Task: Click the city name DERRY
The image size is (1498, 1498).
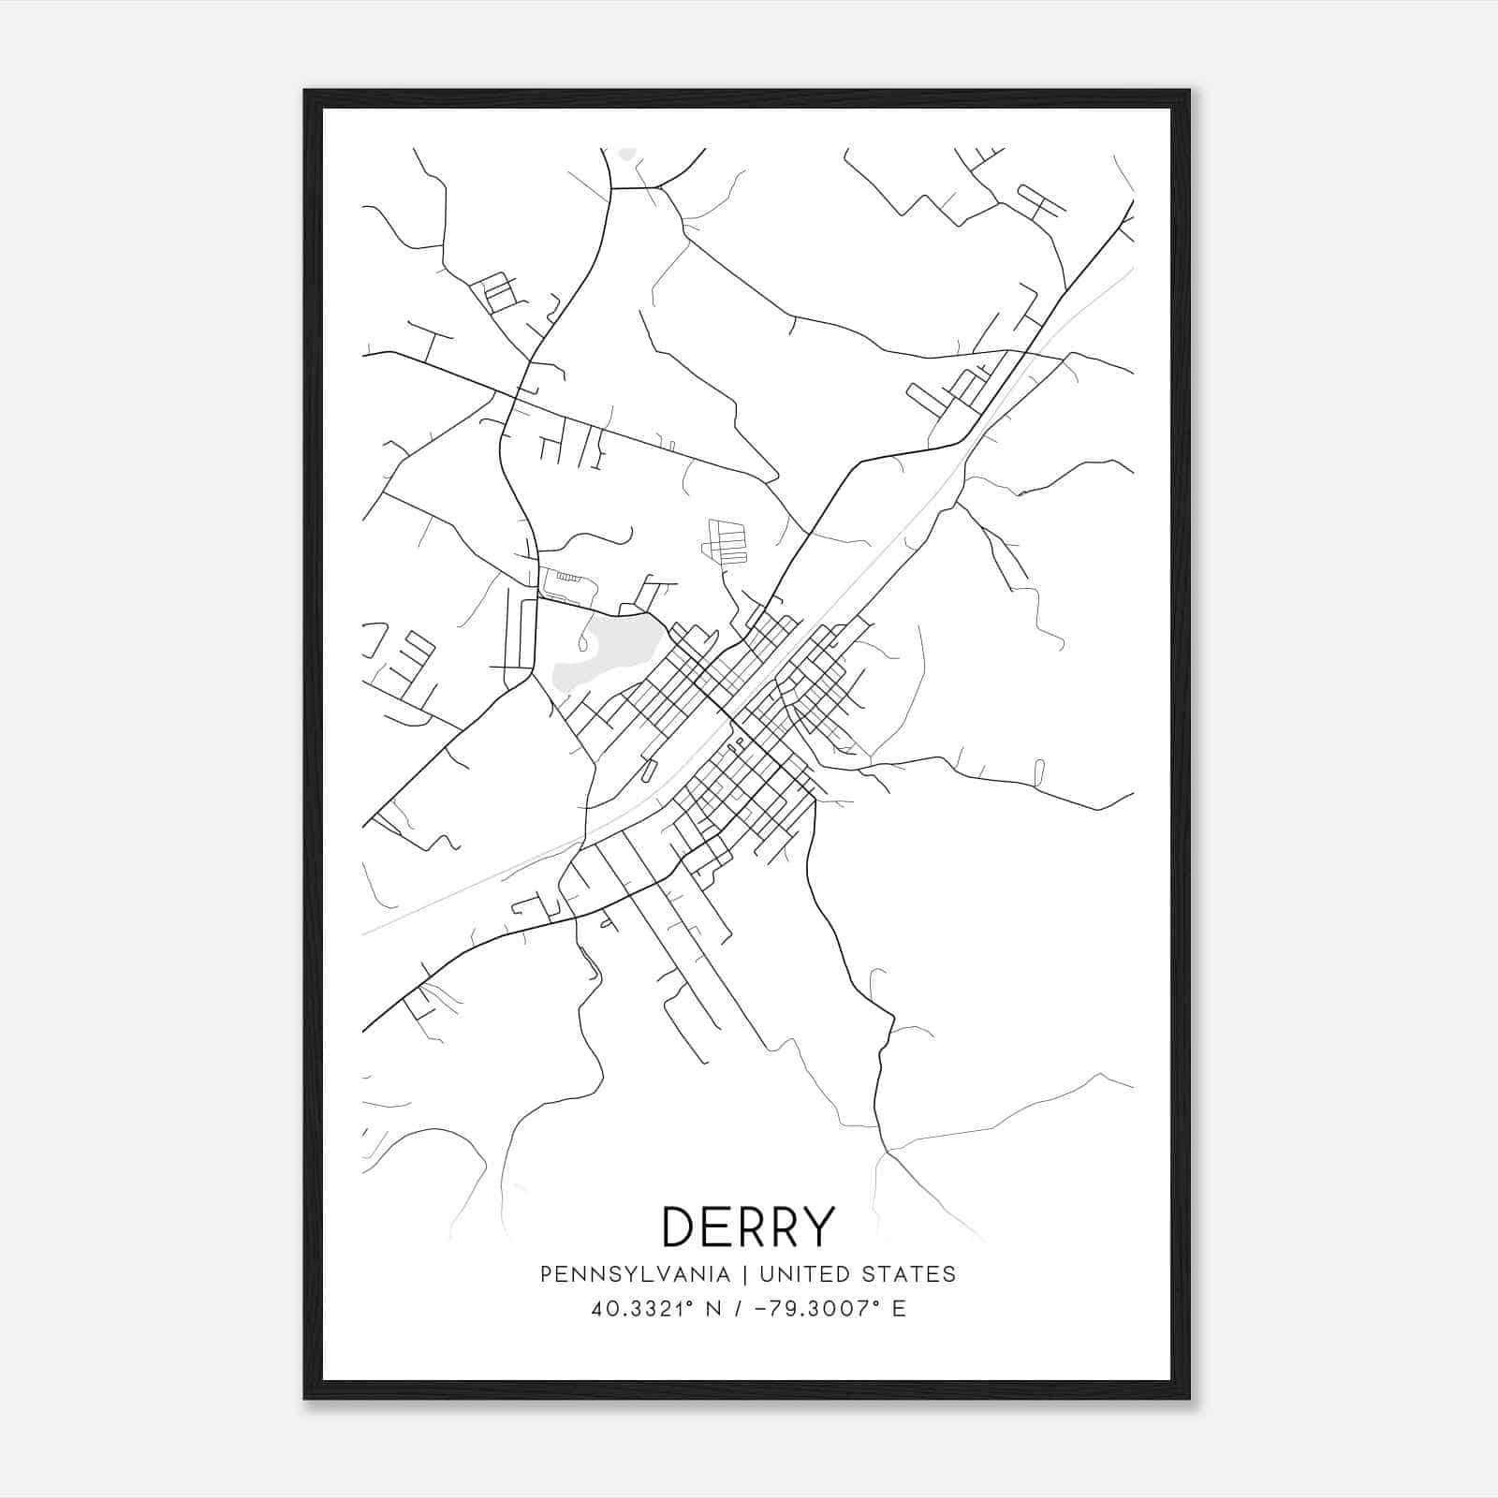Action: point(747,1226)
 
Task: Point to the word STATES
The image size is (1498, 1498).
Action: point(909,1274)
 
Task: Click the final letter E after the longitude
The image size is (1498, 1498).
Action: point(899,1309)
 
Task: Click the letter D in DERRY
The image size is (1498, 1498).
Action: point(682,1226)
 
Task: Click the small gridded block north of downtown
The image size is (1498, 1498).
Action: point(727,541)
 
